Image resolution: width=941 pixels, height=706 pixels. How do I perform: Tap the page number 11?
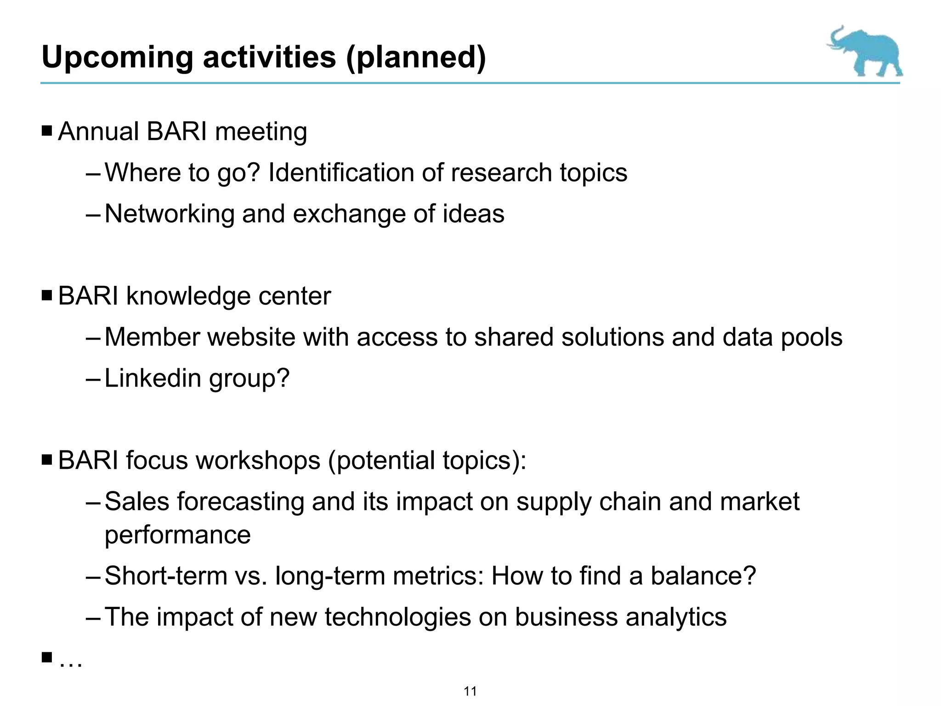pos(470,691)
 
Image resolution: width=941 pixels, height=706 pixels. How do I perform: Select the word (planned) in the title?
pos(416,57)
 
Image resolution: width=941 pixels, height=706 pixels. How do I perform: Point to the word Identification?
pos(340,173)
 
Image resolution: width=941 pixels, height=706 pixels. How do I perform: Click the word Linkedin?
pos(153,378)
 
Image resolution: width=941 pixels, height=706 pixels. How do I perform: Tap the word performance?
pos(177,535)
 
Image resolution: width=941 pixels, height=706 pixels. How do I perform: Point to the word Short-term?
pos(166,575)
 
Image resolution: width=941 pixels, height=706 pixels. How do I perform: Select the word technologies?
pos(398,617)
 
